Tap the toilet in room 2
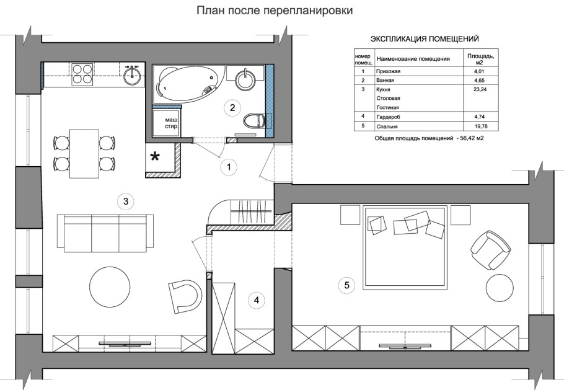click(x=255, y=120)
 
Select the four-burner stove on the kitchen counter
click(x=81, y=74)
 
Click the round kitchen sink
click(x=132, y=74)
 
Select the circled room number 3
click(x=125, y=201)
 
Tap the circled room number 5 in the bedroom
click(x=346, y=285)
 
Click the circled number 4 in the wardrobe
click(x=256, y=300)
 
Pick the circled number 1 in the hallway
click(x=229, y=166)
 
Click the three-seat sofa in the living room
click(x=105, y=233)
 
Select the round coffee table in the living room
click(x=110, y=286)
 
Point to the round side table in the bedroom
click(x=500, y=288)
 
